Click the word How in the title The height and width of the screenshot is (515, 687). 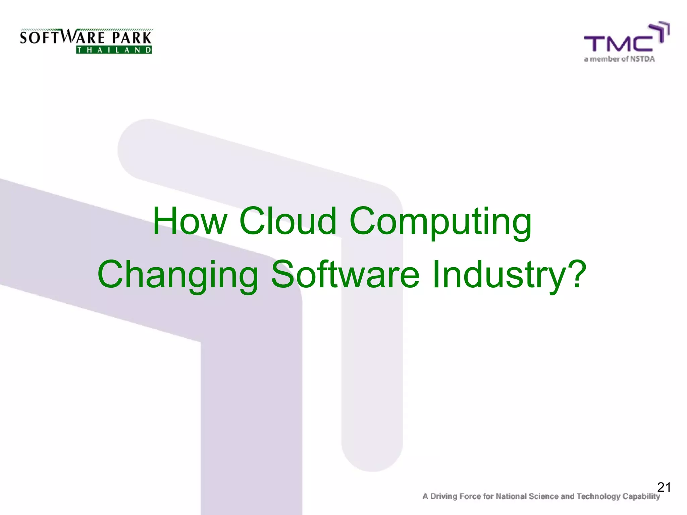click(190, 221)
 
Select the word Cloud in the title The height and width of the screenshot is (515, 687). click(287, 221)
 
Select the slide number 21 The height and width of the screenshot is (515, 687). click(664, 487)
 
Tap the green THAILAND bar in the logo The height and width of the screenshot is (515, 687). click(114, 50)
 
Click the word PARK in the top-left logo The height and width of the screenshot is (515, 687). click(132, 38)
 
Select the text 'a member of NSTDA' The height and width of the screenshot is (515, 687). click(619, 59)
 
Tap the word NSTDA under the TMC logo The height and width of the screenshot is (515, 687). click(642, 59)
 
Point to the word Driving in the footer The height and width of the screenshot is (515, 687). click(443, 496)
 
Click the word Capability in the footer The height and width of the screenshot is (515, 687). click(641, 496)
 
